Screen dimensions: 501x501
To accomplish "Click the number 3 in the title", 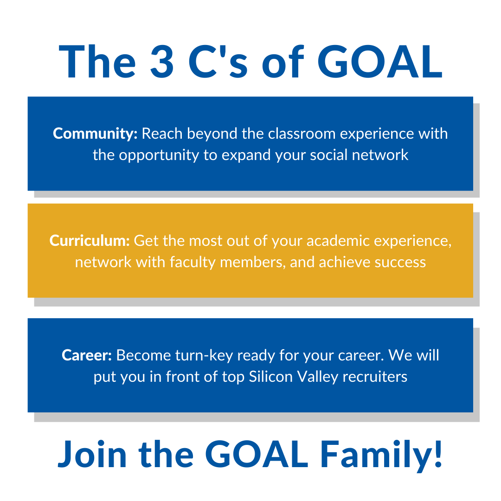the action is pyautogui.click(x=162, y=62).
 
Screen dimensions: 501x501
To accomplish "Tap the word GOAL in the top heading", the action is pyautogui.click(x=380, y=62).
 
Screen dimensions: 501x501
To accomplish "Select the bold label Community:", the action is pyautogui.click(x=95, y=134).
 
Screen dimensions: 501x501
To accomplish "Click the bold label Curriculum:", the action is pyautogui.click(x=90, y=241).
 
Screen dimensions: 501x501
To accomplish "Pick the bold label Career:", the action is pyautogui.click(x=87, y=355).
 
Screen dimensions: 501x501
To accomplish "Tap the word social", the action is pyautogui.click(x=329, y=155).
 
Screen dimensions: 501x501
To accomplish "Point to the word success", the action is pyautogui.click(x=400, y=263).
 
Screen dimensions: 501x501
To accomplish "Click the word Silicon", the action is pyautogui.click(x=271, y=377).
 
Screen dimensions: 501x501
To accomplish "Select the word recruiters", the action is pyautogui.click(x=375, y=377).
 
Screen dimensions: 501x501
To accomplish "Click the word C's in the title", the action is pyautogui.click(x=218, y=62).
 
